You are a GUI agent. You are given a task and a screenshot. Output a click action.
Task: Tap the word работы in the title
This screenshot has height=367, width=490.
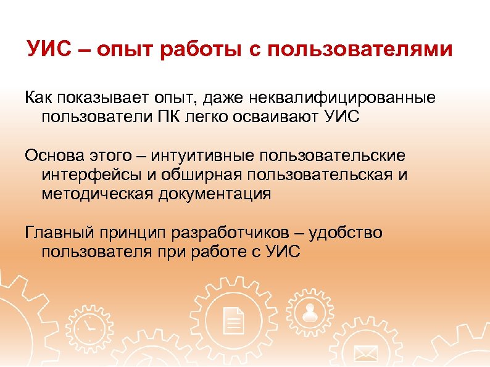[x=202, y=49]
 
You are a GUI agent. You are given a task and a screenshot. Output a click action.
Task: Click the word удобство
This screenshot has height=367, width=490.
[x=345, y=233]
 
